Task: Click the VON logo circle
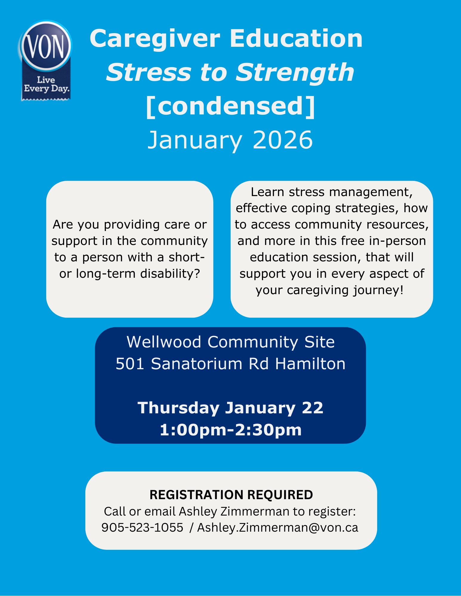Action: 46,46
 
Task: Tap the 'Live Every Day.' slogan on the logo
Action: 46,84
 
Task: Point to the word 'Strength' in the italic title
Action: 295,73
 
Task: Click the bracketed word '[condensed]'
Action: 231,106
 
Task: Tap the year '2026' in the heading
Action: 283,140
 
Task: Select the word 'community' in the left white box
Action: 174,241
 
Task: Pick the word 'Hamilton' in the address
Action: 310,364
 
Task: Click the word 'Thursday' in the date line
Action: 178,408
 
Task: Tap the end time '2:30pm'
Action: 268,430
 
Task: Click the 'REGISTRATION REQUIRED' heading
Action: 231,495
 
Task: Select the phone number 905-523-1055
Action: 142,527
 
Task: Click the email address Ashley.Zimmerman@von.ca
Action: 277,528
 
